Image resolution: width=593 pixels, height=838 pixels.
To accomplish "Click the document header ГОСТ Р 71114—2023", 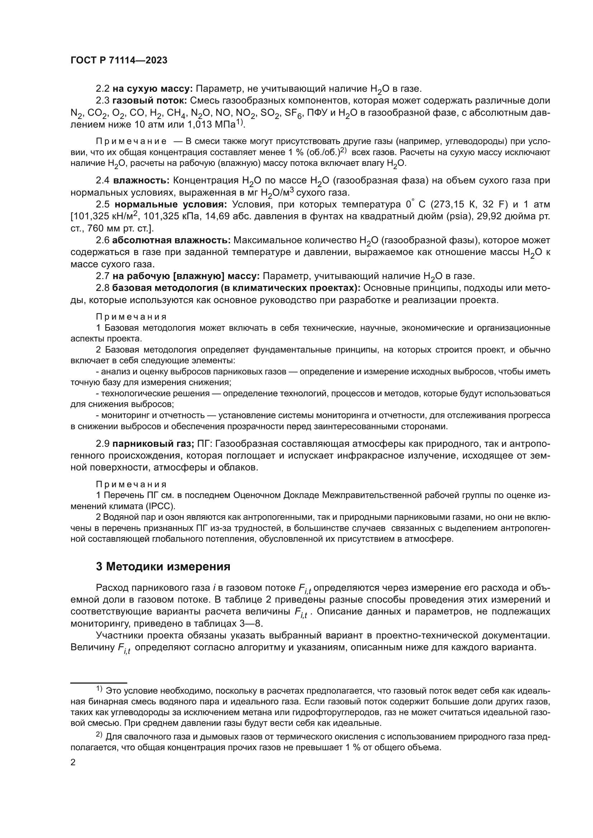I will (x=119, y=61).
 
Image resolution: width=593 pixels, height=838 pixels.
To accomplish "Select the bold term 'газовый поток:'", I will (x=150, y=100).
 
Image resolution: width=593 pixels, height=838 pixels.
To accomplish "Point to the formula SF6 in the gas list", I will (x=292, y=113).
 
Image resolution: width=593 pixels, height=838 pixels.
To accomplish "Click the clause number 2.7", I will (x=102, y=276).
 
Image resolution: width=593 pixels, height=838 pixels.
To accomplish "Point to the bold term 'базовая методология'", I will (x=165, y=288).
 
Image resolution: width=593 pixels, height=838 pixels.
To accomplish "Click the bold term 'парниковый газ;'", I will (x=153, y=444).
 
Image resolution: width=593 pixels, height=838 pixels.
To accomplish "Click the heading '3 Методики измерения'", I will (x=163, y=566).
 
